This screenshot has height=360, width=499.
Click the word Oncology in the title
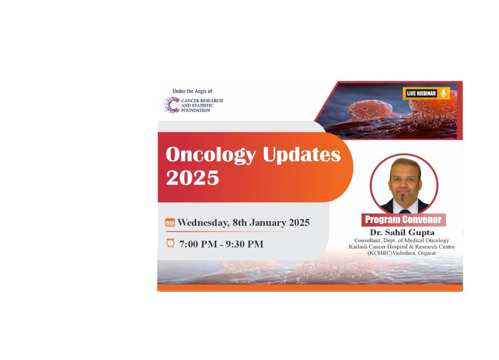[211, 155]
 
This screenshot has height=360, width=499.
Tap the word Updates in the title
[302, 154]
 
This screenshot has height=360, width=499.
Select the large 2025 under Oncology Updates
[192, 177]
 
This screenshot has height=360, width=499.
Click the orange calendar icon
[170, 222]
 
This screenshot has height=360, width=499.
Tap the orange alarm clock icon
[170, 243]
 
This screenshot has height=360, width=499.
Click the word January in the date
[268, 222]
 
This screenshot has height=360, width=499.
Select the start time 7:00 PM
[198, 244]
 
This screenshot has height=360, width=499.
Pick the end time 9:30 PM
[244, 244]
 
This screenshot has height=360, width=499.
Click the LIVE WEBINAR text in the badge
[421, 94]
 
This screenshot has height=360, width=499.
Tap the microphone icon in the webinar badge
[443, 94]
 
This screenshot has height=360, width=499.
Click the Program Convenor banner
[404, 220]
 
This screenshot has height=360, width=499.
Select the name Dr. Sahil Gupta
[402, 232]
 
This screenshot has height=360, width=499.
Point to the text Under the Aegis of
[192, 91]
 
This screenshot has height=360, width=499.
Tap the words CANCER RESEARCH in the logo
[202, 101]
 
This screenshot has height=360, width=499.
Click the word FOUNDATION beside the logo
[196, 110]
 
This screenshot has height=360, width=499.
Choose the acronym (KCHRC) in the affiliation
[380, 253]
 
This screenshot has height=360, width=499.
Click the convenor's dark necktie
[405, 211]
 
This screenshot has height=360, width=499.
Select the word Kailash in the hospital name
[358, 246]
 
